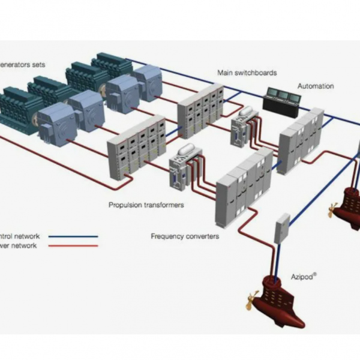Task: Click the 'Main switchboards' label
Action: point(247,73)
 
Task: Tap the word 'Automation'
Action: point(316,86)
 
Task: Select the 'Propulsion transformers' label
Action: point(146,205)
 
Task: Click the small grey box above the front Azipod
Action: point(281,228)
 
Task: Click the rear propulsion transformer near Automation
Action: point(244,127)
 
